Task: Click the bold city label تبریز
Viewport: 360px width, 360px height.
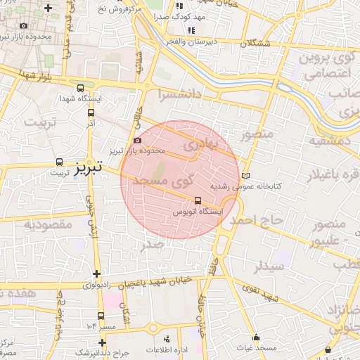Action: (x=89, y=167)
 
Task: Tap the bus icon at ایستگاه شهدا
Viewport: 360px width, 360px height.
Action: (x=80, y=89)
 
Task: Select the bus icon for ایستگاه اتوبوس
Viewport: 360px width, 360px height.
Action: (x=198, y=200)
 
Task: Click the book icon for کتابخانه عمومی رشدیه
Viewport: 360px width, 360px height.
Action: (x=245, y=176)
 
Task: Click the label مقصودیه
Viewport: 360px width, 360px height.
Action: (x=49, y=224)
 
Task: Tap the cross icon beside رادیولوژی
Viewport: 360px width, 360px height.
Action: (x=96, y=274)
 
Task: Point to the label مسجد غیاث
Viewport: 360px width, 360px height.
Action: (x=256, y=348)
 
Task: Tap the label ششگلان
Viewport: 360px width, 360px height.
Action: (x=255, y=43)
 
